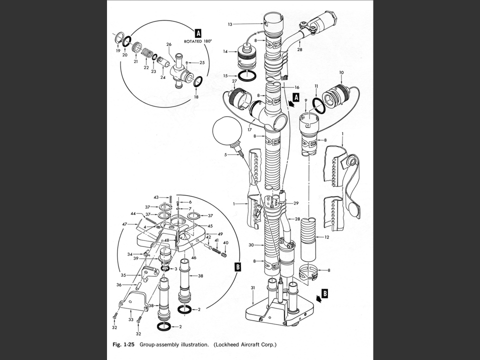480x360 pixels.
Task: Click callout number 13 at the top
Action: (230, 24)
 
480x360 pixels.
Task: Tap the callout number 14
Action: (225, 51)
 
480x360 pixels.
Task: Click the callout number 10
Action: (341, 72)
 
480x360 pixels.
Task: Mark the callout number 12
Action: (326, 237)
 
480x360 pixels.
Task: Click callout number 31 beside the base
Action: (253, 287)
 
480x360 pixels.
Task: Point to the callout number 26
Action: (169, 44)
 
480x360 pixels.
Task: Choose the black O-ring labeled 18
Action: (197, 81)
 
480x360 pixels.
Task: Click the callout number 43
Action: (156, 197)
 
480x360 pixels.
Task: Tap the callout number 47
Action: (124, 224)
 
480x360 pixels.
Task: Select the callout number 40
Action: (225, 243)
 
